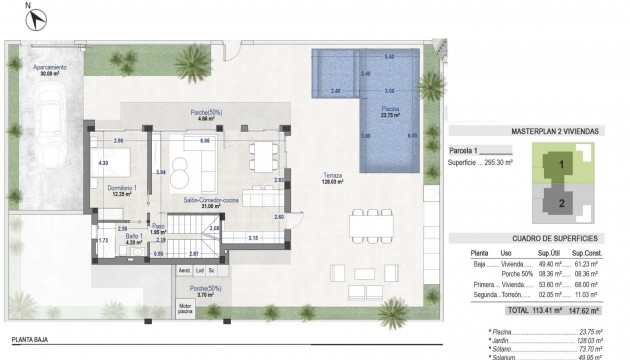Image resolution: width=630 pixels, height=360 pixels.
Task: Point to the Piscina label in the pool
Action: (391, 110)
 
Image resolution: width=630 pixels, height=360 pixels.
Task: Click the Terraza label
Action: (332, 177)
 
